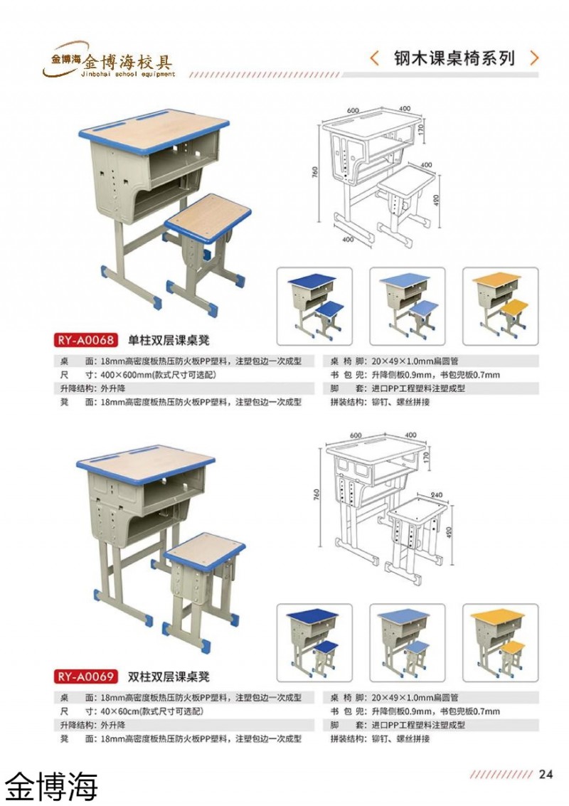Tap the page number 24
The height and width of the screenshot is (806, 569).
point(546,775)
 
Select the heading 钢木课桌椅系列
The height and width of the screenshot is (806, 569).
point(454,58)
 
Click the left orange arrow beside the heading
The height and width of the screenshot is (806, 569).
point(375,58)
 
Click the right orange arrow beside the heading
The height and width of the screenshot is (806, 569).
point(535,58)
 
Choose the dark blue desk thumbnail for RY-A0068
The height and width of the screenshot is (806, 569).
point(314,302)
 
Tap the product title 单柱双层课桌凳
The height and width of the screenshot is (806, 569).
point(169,340)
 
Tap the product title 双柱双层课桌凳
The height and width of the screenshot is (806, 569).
point(169,677)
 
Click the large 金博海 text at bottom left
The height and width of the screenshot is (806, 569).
point(51,785)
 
